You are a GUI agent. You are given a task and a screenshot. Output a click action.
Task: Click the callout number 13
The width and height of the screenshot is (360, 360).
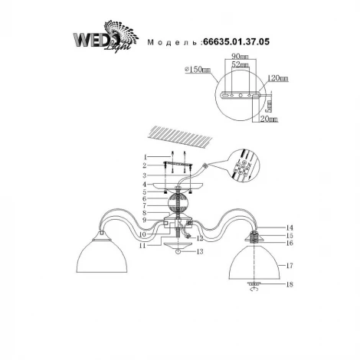(x=200, y=250)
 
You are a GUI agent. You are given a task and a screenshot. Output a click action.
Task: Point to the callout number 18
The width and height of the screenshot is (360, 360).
(x=268, y=285)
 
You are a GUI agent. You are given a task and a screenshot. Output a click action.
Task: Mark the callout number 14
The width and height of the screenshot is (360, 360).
(x=268, y=227)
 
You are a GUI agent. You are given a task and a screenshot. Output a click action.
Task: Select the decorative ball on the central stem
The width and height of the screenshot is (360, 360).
(x=178, y=205)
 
